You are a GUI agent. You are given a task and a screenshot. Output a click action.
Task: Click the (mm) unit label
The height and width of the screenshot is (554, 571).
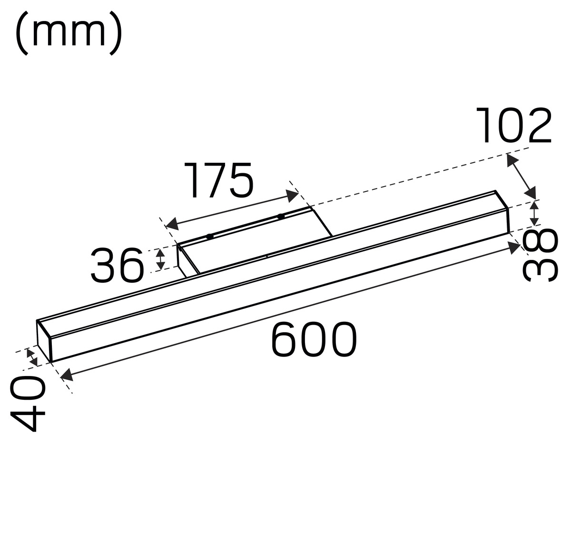pos(69,33)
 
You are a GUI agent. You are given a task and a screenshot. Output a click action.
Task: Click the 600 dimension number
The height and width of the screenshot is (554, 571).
pos(314,339)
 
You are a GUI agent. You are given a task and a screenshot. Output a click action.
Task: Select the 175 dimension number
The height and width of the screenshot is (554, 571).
pos(218,180)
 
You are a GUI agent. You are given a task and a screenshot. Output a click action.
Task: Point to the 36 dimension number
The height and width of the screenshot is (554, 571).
pos(118,266)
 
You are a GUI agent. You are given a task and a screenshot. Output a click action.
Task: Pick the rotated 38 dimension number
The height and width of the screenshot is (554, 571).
pos(540,255)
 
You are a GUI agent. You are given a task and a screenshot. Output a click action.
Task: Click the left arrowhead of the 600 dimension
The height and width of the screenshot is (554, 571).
pos(67,375)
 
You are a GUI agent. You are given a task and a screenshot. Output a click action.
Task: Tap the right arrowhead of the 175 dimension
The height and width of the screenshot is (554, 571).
pos(292,196)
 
